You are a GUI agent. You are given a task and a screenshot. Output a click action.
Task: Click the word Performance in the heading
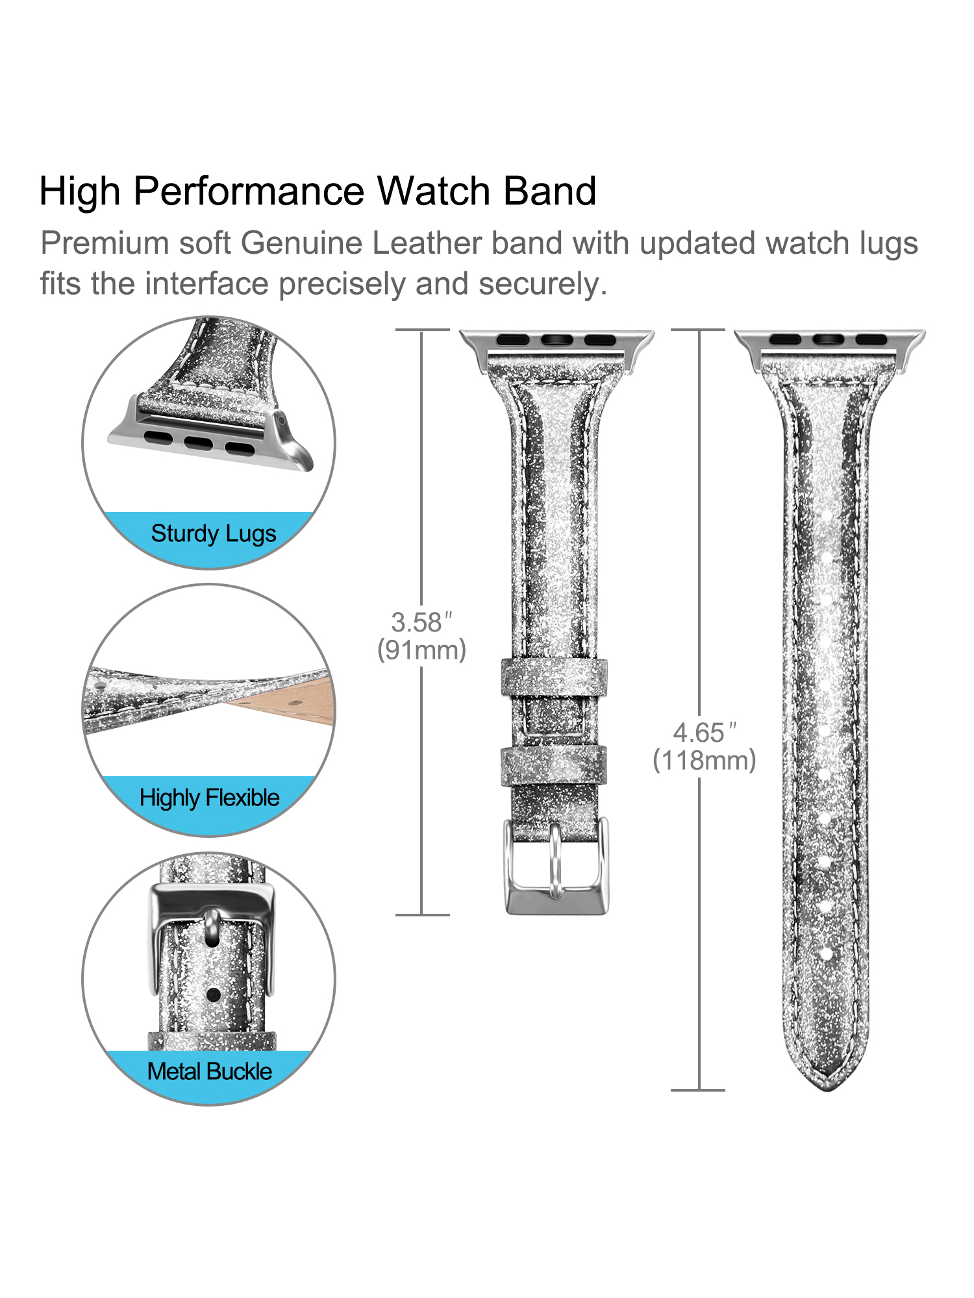coord(249,192)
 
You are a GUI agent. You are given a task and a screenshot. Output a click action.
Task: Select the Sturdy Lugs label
coord(214,533)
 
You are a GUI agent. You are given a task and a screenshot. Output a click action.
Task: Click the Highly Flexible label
coord(209,798)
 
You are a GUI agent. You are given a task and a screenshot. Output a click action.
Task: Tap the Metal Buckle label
coord(209,1071)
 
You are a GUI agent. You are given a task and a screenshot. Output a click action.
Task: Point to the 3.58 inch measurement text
coord(421,622)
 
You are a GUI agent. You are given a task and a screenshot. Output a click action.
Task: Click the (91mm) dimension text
coord(422,650)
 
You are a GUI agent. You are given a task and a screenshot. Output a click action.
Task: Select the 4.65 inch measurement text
coord(705,733)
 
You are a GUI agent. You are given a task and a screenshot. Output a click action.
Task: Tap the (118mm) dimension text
coord(705,761)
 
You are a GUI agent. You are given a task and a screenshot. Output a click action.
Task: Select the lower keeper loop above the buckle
coord(553,766)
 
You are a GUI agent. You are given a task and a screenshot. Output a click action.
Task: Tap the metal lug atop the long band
coord(829,349)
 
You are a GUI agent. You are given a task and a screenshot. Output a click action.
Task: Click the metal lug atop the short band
coord(556,349)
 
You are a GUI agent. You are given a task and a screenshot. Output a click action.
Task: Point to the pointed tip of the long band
coord(828,1090)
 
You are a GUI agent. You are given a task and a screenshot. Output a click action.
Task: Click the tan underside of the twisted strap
coord(286,701)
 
